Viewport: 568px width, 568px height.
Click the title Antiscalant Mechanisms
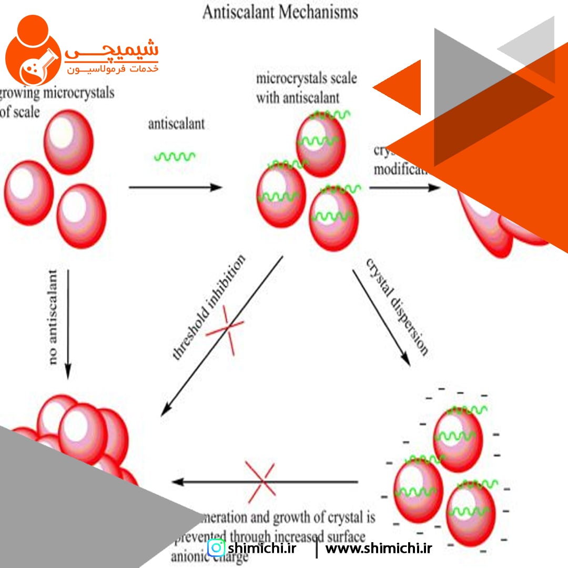[280, 12]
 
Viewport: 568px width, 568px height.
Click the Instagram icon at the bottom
[216, 548]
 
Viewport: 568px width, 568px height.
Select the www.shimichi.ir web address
[379, 549]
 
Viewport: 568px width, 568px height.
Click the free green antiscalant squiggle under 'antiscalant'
[175, 156]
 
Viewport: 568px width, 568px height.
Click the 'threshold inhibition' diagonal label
[209, 308]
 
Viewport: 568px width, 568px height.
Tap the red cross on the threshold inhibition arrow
[225, 328]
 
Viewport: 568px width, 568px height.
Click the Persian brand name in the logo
[111, 51]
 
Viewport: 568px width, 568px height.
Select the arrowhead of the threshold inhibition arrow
[166, 409]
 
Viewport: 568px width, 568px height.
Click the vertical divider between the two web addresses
[317, 549]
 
